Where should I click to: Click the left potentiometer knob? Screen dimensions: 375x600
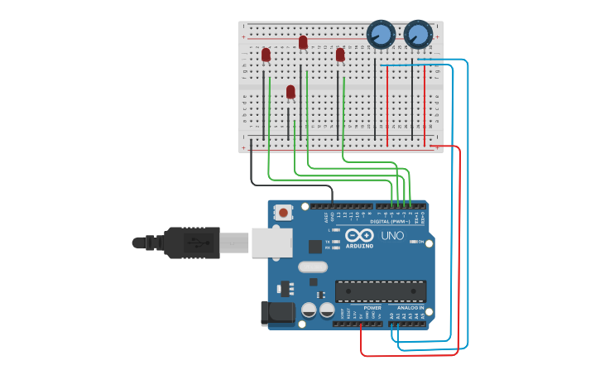pos(380,34)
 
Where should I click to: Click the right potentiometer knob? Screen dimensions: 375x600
pos(418,34)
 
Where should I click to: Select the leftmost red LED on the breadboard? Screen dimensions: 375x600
pos(266,55)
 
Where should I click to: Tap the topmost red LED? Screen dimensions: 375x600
pos(303,41)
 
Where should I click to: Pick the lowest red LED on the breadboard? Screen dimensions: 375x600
pos(290,91)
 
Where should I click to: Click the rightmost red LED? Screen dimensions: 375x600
pos(340,55)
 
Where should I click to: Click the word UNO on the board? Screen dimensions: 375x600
pos(392,236)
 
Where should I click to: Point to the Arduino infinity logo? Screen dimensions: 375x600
pos(360,235)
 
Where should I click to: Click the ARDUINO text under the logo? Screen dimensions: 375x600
pos(360,246)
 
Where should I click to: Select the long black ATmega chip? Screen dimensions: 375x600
pos(381,291)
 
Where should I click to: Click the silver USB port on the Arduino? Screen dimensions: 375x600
pos(271,242)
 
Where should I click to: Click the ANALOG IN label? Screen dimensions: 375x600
pos(410,308)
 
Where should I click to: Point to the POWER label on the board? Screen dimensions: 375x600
pos(372,308)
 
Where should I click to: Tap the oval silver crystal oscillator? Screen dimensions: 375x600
pos(313,267)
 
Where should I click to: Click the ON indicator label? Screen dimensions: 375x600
pos(420,242)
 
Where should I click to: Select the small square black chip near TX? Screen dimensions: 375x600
pos(315,246)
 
